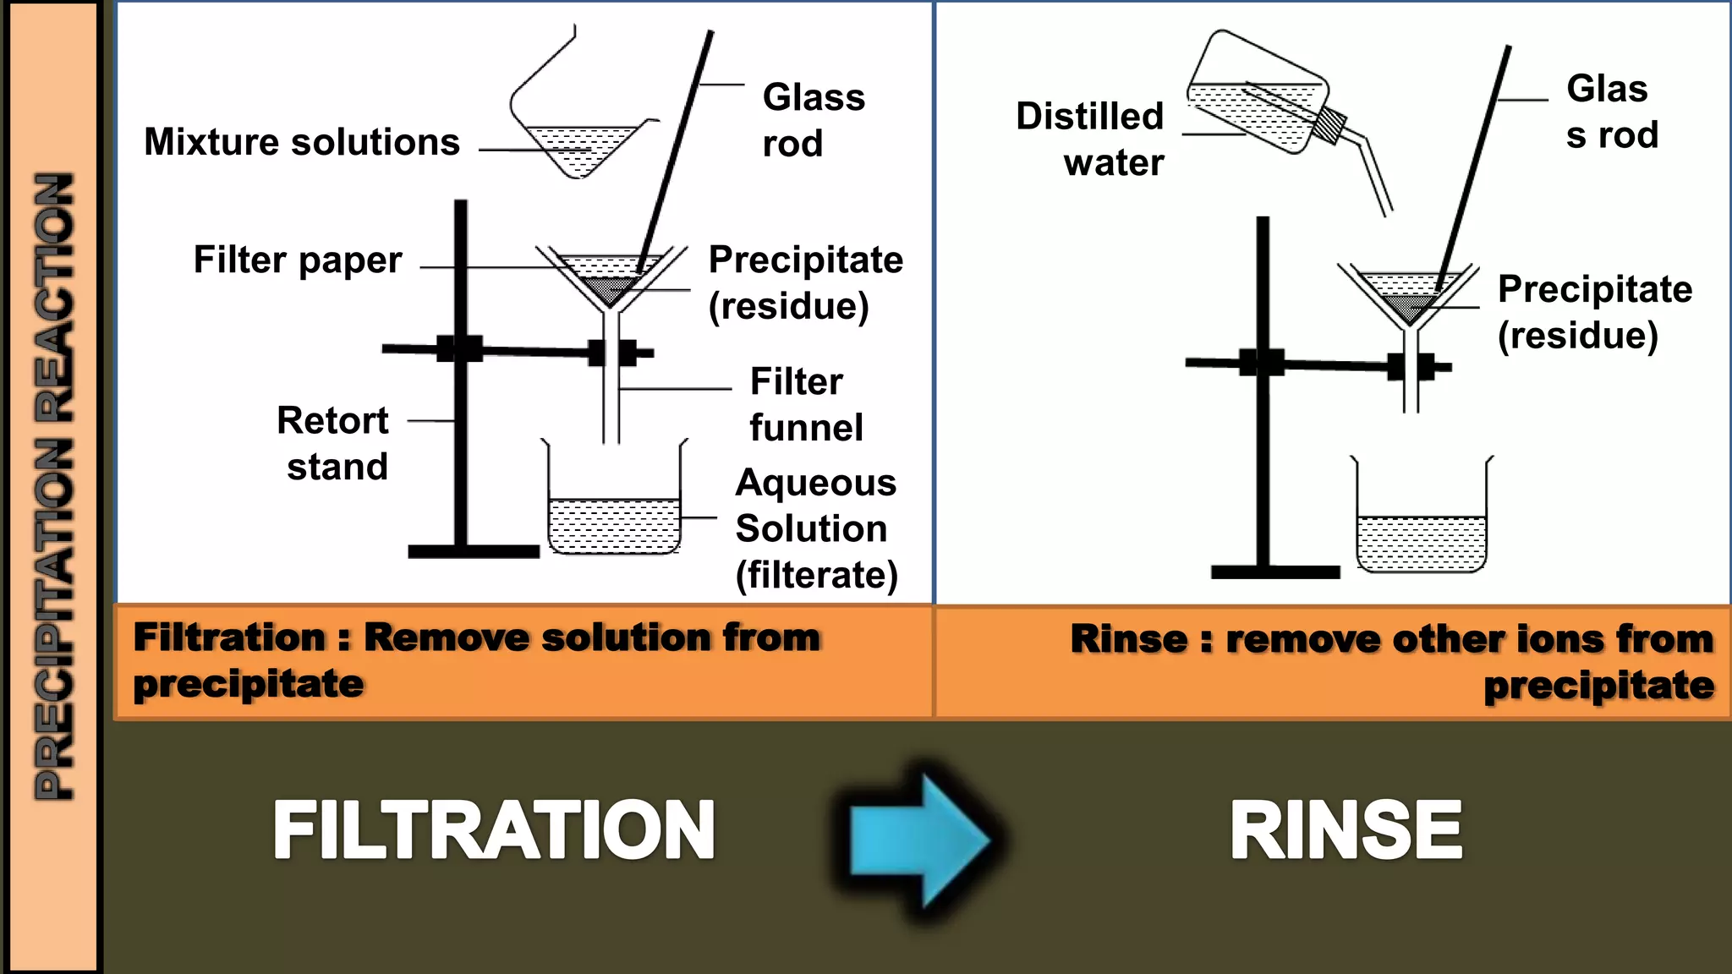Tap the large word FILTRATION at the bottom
(x=494, y=832)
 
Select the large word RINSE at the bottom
(x=1346, y=832)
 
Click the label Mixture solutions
(x=302, y=142)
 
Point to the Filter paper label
(x=298, y=260)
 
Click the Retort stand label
(x=334, y=443)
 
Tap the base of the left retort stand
(x=474, y=551)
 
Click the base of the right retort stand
(x=1275, y=572)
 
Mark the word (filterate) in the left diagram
(x=816, y=575)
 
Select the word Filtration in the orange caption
(x=229, y=637)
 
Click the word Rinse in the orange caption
(x=1128, y=639)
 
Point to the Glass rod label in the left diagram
(x=812, y=120)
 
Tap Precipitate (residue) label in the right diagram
(x=1593, y=312)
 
